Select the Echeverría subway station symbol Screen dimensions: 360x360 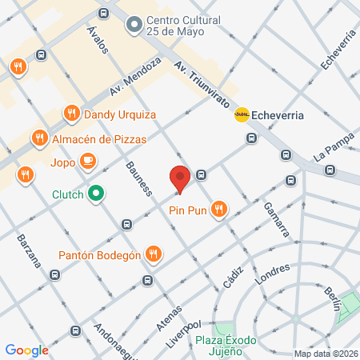pos(240,114)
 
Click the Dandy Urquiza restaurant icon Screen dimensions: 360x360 pos(71,114)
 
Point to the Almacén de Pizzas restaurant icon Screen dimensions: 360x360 pos(39,138)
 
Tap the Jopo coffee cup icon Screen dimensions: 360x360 pos(87,161)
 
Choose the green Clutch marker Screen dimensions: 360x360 pos(96,193)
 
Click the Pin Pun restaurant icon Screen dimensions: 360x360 pos(218,210)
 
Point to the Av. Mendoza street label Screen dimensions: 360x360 pos(135,77)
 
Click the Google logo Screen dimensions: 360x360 pos(26,350)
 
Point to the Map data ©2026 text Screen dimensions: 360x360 pos(325,354)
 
